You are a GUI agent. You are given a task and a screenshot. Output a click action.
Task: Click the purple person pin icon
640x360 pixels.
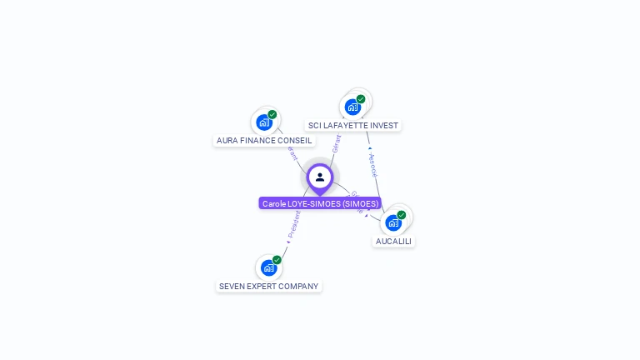click(320, 177)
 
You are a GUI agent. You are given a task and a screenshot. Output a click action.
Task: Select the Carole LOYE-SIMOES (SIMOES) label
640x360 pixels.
click(320, 203)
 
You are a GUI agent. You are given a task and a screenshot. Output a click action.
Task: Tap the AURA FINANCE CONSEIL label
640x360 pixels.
click(264, 141)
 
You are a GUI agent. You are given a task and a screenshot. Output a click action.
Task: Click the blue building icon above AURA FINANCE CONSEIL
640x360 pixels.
click(264, 122)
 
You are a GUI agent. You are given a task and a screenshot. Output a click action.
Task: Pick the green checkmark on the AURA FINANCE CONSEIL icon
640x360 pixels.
click(272, 115)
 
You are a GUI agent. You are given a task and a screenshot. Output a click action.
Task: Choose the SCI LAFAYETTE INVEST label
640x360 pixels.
click(353, 126)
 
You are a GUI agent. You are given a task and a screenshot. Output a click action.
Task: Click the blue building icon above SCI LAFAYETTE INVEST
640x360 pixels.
click(352, 107)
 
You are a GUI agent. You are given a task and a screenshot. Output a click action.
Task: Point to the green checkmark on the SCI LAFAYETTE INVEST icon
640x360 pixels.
click(361, 99)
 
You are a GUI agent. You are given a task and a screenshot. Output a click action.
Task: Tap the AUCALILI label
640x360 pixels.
click(393, 242)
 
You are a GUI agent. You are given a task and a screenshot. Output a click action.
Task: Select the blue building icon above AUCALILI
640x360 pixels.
click(393, 222)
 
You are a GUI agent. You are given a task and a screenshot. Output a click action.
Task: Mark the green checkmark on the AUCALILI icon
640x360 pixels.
click(402, 215)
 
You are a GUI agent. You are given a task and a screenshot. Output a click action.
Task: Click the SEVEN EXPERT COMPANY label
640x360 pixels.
click(268, 287)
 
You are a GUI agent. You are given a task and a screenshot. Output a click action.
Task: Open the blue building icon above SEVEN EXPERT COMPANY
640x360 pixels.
click(268, 267)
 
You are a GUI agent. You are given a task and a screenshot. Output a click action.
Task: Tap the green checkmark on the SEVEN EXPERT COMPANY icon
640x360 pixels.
click(277, 260)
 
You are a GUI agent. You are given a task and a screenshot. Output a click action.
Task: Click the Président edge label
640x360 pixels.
click(294, 223)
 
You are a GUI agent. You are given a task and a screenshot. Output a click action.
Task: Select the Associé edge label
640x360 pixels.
click(372, 165)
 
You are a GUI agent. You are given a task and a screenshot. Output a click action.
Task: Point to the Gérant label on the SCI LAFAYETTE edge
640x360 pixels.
click(336, 143)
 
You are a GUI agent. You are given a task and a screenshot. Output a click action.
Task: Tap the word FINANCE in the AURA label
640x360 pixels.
click(264, 141)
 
